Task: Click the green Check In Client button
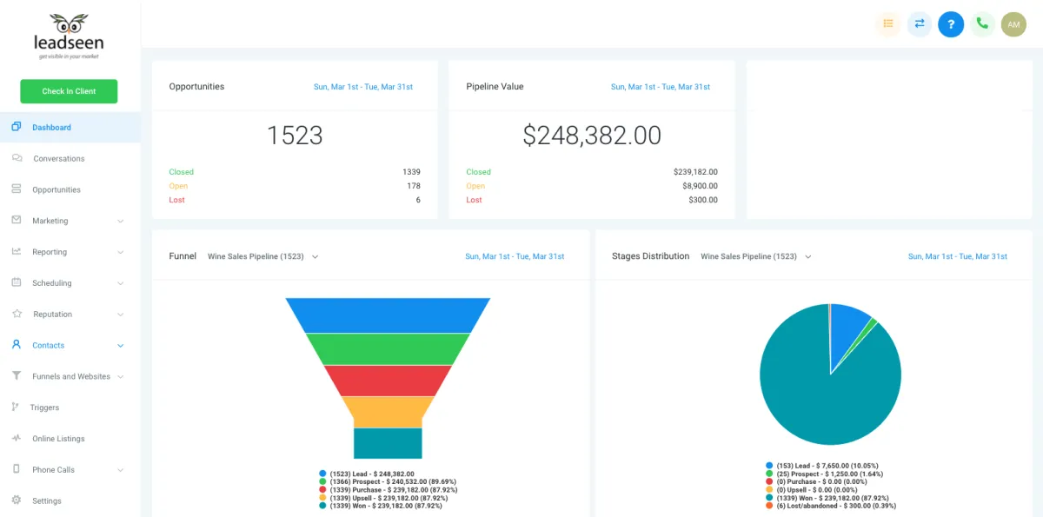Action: tap(69, 91)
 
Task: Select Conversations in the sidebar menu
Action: tap(58, 159)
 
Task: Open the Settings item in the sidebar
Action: tap(47, 501)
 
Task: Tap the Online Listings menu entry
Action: tap(58, 439)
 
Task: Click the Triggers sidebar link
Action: tap(44, 408)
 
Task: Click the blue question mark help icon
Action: tap(951, 24)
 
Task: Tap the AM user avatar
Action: tap(1013, 24)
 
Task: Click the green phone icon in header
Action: tap(982, 24)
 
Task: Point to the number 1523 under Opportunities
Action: tap(295, 136)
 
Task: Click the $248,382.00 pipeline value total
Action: tap(592, 136)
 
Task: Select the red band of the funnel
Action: tap(388, 380)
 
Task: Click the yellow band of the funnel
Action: tap(388, 411)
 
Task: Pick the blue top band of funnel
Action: tap(388, 315)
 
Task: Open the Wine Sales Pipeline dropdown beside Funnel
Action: tap(262, 256)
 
